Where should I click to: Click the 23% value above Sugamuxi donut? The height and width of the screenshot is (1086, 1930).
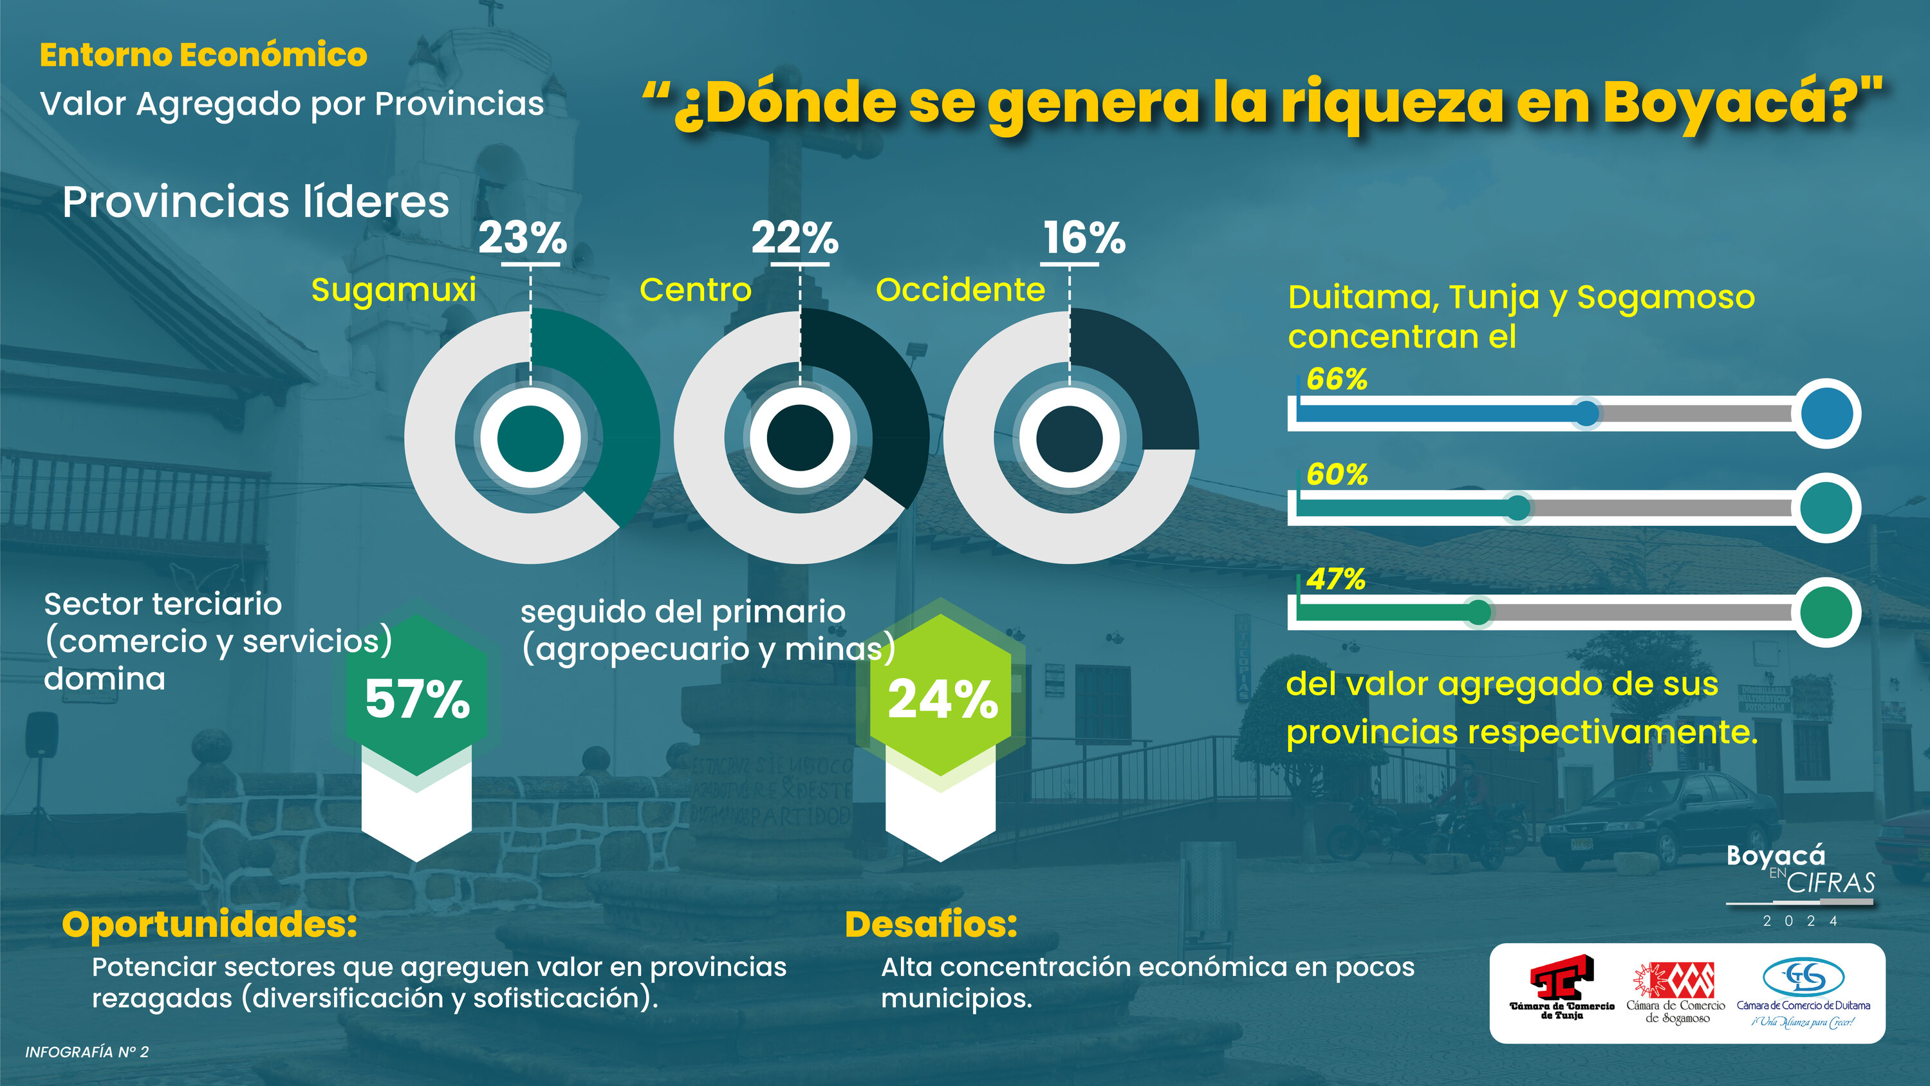[523, 238]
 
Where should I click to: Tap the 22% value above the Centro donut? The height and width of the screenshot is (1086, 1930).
[795, 238]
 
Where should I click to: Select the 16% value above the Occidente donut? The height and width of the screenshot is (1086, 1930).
[1084, 238]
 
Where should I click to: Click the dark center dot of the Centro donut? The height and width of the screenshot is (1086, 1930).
[800, 438]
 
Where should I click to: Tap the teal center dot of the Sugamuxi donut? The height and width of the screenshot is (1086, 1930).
[530, 438]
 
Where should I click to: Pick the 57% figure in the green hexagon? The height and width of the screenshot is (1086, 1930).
[417, 699]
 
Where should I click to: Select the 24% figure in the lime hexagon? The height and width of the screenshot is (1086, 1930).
[943, 699]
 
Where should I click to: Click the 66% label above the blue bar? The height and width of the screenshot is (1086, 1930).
[1337, 379]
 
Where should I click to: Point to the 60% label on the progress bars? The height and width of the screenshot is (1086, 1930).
[1337, 474]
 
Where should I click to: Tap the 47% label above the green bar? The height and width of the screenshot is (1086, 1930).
[1335, 579]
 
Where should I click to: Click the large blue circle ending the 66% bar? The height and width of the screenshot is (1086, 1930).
[1826, 414]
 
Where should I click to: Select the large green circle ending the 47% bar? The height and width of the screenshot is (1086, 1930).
[1826, 612]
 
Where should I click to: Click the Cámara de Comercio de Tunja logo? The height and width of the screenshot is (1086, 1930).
[1561, 988]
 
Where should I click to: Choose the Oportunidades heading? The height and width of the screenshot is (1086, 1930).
[210, 924]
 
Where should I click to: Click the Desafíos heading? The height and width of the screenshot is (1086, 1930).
[931, 924]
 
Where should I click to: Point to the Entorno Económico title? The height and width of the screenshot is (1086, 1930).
[204, 55]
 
